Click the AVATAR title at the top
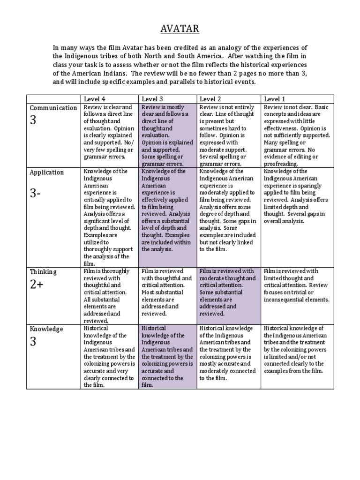(x=180, y=29)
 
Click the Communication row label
(x=53, y=108)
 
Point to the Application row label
(x=47, y=172)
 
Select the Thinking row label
(x=43, y=271)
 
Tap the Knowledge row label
(x=46, y=329)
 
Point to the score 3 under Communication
(x=33, y=120)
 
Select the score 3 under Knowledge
(x=33, y=342)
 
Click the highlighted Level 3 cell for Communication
(x=167, y=135)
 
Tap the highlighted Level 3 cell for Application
(x=167, y=211)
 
